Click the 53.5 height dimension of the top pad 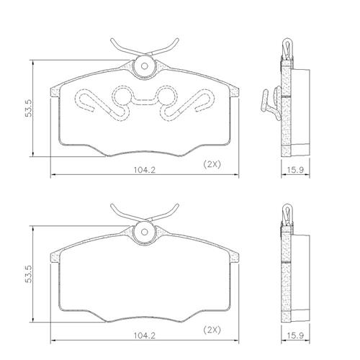pyautogui.click(x=29, y=109)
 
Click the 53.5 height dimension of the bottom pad pyautogui.click(x=29, y=274)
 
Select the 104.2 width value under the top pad pyautogui.click(x=145, y=170)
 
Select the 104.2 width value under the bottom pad pyautogui.click(x=145, y=336)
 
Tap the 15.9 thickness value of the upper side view pyautogui.click(x=295, y=170)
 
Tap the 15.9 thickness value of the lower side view pyautogui.click(x=295, y=336)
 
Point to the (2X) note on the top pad pyautogui.click(x=212, y=164)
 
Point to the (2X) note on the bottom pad pyautogui.click(x=212, y=330)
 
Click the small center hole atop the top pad pyautogui.click(x=144, y=66)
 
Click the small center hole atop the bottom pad pyautogui.click(x=144, y=232)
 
